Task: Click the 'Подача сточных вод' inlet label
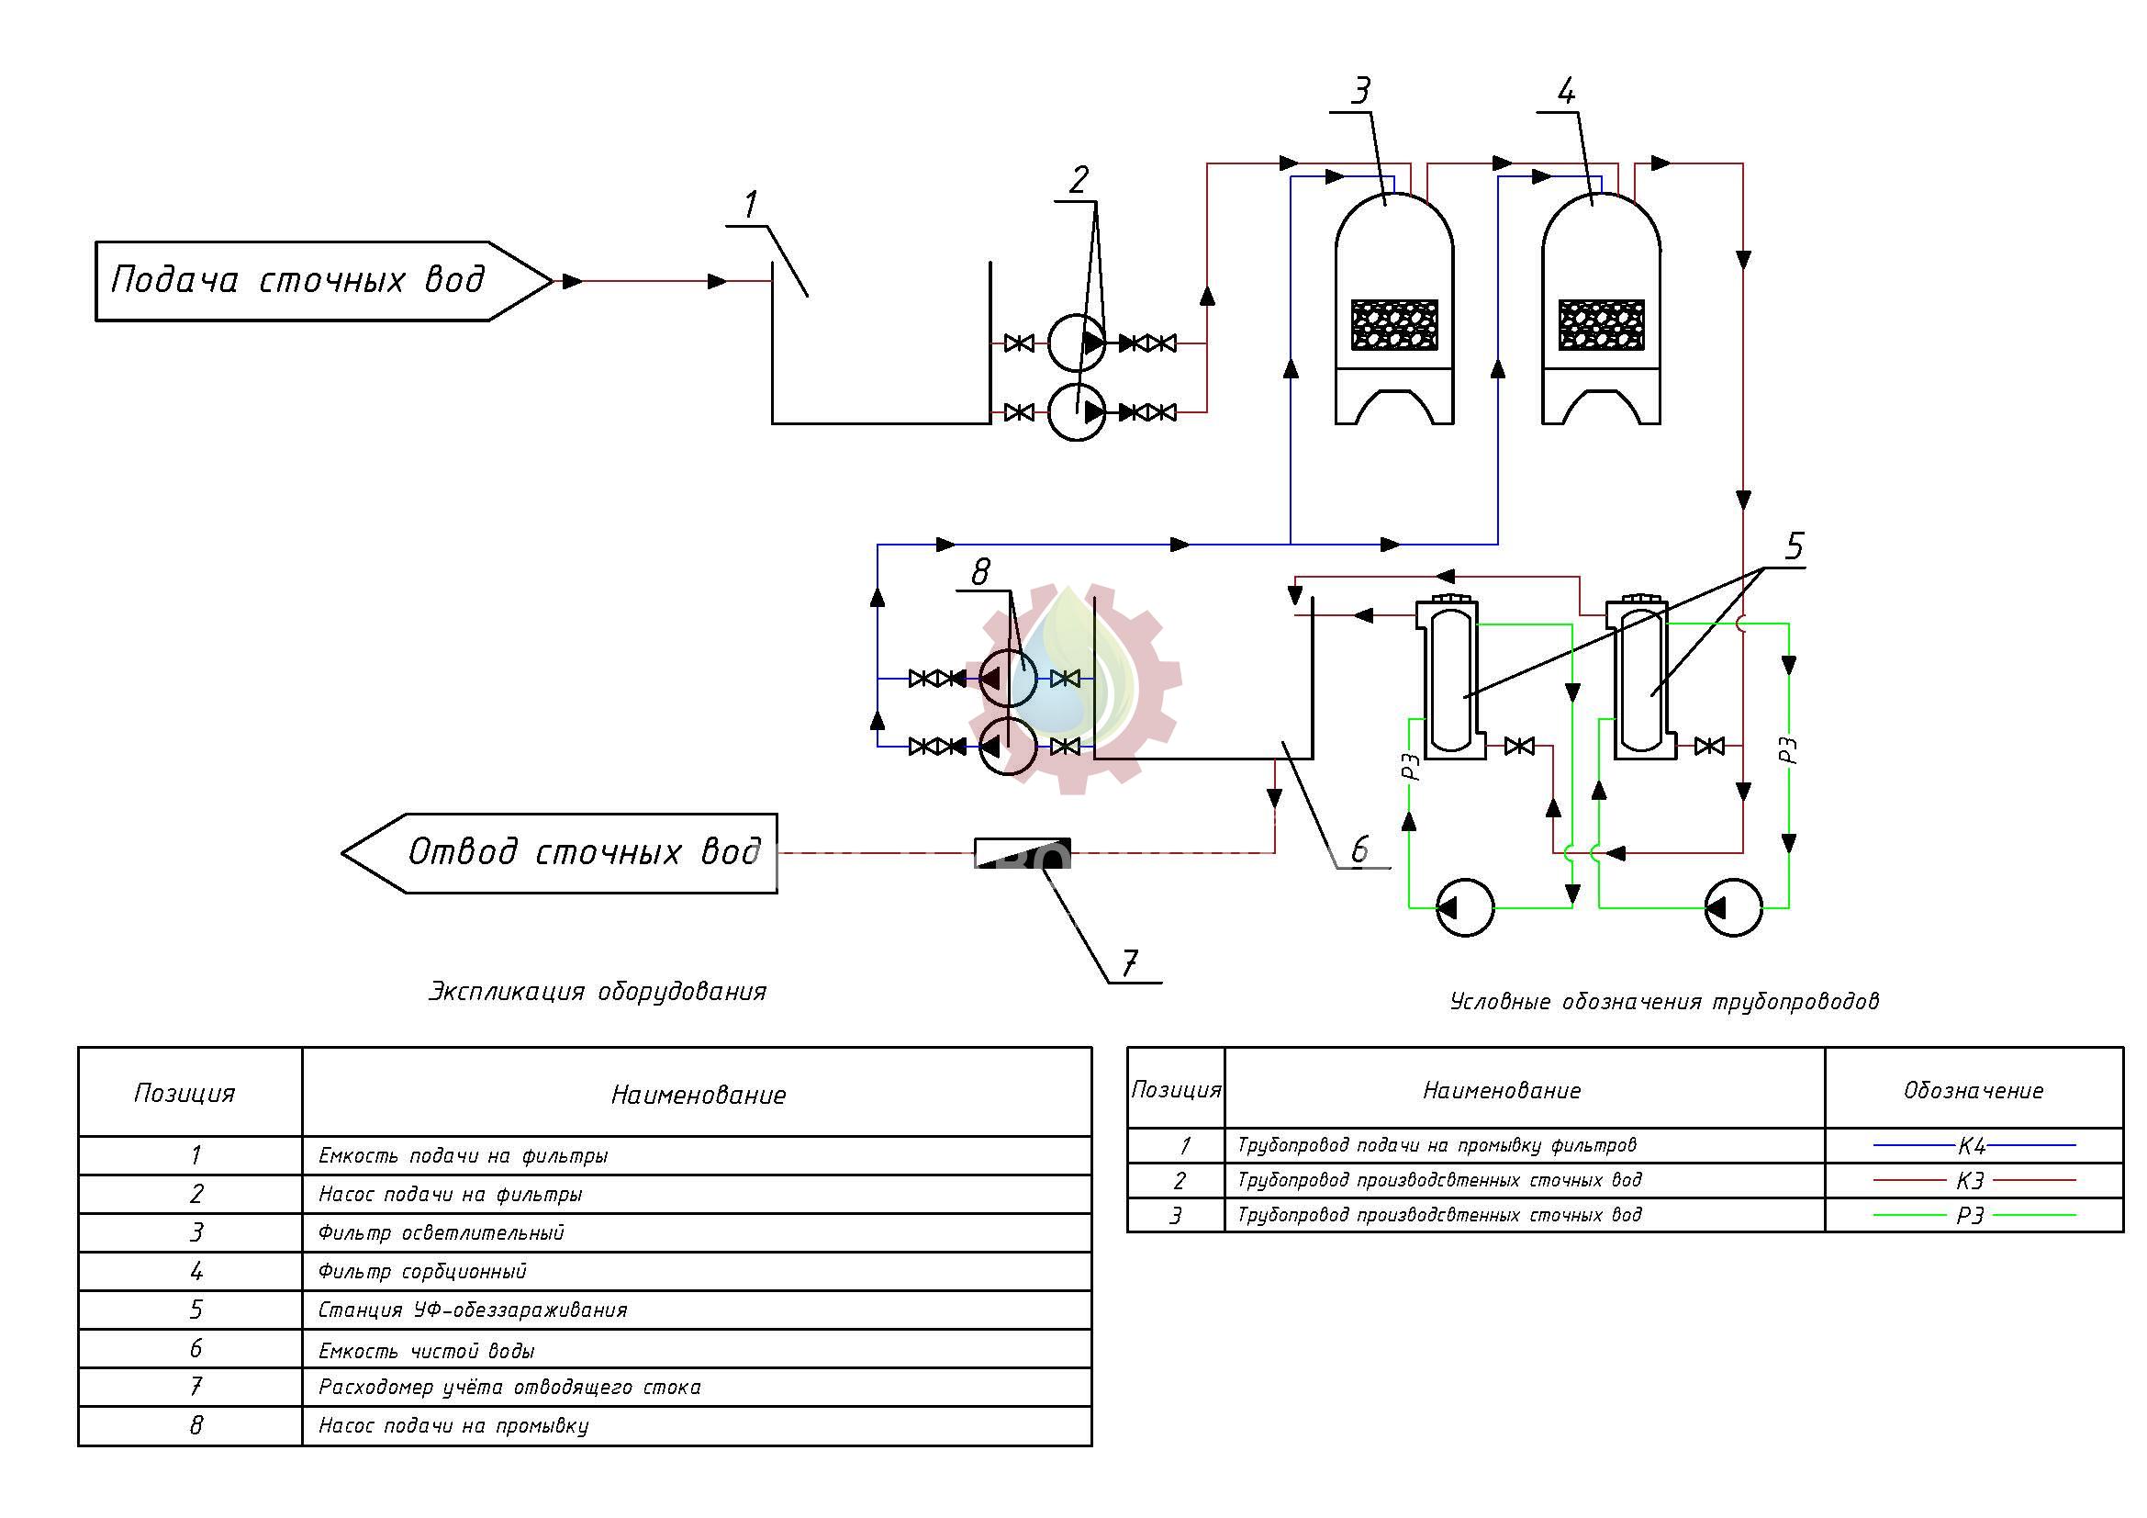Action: point(297,280)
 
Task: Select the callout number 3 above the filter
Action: point(1361,91)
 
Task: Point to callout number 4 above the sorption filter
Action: point(1566,91)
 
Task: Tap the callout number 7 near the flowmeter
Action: point(1130,962)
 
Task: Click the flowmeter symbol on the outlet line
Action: point(1022,853)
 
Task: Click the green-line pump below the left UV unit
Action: point(1464,907)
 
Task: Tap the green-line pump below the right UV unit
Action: point(1734,907)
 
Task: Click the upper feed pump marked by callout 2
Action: point(1077,343)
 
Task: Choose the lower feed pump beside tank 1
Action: point(1077,411)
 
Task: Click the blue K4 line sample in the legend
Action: point(1974,1145)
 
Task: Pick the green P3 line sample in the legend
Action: point(1974,1215)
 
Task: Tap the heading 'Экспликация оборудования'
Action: point(598,992)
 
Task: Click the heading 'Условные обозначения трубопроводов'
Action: point(1664,1002)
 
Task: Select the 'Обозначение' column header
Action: point(1974,1090)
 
